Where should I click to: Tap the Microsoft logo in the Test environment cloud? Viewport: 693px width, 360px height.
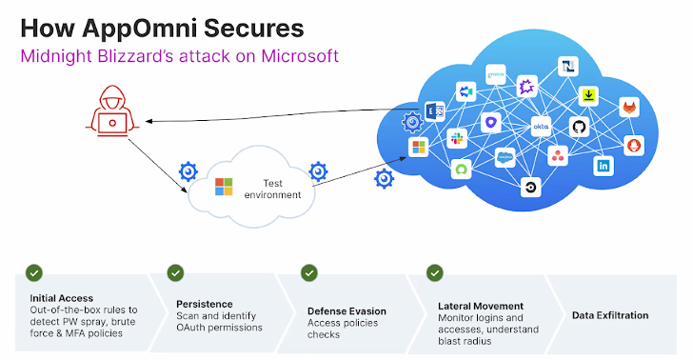(x=224, y=186)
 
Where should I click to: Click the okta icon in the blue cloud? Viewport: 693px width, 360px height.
(x=539, y=127)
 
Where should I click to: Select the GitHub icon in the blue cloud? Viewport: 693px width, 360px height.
(x=578, y=127)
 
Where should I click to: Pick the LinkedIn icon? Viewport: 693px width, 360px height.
(x=604, y=166)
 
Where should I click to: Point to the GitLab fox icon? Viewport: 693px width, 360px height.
(x=630, y=108)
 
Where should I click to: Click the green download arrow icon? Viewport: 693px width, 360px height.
(x=590, y=94)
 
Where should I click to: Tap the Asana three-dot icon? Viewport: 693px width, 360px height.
(x=557, y=154)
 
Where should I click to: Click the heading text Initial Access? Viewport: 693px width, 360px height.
(x=61, y=298)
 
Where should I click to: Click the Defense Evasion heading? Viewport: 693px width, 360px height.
(x=346, y=310)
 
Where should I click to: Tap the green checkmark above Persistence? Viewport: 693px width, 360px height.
(x=175, y=273)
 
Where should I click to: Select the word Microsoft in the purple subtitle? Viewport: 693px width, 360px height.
(x=293, y=55)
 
